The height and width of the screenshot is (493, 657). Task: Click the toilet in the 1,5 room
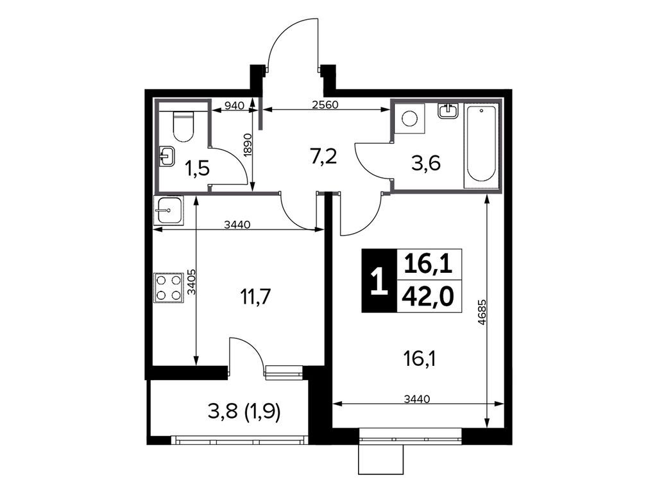183,125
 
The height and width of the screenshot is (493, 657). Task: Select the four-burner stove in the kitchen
168,288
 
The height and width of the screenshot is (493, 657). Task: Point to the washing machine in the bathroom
409,118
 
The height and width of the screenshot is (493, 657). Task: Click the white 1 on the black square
379,281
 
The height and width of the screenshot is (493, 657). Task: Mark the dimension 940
234,106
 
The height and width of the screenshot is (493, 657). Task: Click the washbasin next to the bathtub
448,111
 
